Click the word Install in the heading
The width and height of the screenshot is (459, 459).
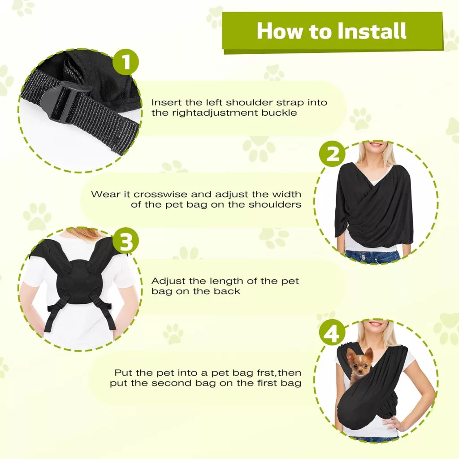tap(372, 30)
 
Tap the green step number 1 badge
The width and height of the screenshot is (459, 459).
tap(126, 62)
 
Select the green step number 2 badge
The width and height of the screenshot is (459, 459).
tap(332, 153)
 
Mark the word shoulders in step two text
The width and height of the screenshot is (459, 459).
tap(275, 204)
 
